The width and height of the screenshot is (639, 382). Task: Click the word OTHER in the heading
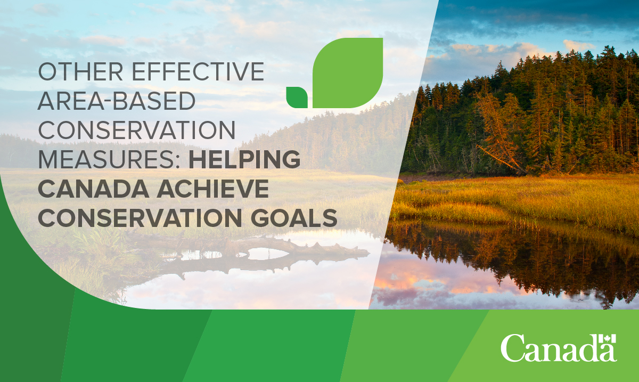coord(81,71)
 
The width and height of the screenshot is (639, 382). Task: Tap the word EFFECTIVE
coord(198,71)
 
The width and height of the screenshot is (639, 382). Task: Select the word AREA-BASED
coord(117,101)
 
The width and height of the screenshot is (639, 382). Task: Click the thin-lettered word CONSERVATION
coord(137,130)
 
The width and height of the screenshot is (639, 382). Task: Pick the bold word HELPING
coord(244,159)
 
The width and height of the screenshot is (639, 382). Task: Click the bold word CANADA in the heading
coord(94,189)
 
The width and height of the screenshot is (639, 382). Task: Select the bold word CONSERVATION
coord(140,218)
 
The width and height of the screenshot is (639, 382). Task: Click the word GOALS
coord(294,218)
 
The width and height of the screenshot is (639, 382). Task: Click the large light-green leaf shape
coord(348,73)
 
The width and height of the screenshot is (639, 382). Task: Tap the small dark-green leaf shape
coord(297,97)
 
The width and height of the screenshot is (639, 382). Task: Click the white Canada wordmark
coord(559,348)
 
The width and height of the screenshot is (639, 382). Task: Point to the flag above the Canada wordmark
coord(608,339)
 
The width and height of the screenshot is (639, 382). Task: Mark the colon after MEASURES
coord(177,161)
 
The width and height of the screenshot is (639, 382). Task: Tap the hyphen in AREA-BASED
coord(109,102)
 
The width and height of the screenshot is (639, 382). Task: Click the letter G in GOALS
coord(260,218)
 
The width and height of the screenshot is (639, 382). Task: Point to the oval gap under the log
coord(265,254)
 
